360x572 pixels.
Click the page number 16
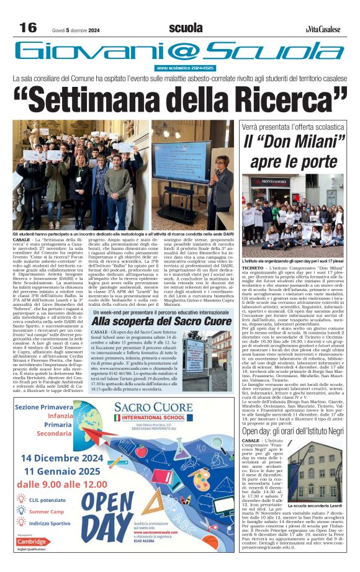(29, 28)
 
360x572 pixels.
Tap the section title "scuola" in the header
(186, 28)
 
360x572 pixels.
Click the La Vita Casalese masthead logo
(323, 29)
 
